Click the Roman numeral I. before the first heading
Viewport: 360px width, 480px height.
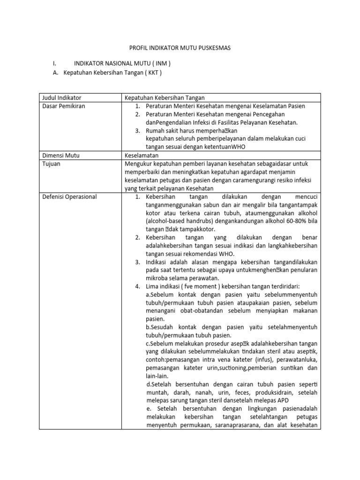pos(55,64)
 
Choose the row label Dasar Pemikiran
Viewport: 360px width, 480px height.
pos(62,106)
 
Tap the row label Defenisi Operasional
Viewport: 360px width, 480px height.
pos(68,196)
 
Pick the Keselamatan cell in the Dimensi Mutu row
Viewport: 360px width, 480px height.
pos(142,155)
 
